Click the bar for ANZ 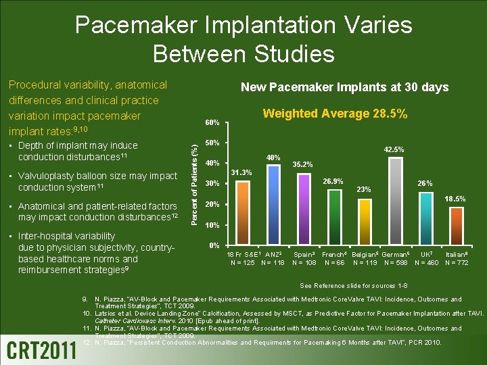click(x=274, y=204)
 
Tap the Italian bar click(x=457, y=226)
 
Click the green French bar click(x=335, y=216)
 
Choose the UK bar click(x=426, y=218)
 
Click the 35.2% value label click(x=302, y=164)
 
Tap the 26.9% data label click(x=333, y=181)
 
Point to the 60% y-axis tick click(x=212, y=123)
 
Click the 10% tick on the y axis click(x=212, y=225)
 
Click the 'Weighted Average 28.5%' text click(x=335, y=115)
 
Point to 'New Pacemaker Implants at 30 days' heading click(x=345, y=87)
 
